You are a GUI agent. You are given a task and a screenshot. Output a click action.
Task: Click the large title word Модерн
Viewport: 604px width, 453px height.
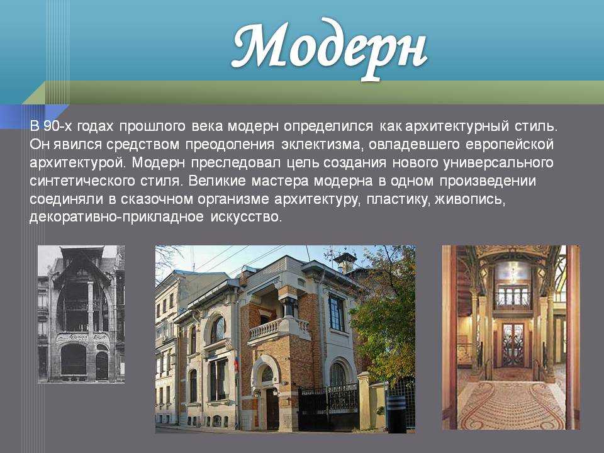click(330, 48)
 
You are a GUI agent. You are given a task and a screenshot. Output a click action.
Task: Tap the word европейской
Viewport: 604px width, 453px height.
click(509, 145)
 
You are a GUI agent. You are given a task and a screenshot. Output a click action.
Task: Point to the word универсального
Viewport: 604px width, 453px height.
click(498, 163)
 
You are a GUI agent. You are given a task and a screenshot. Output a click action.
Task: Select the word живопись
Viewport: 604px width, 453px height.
click(470, 199)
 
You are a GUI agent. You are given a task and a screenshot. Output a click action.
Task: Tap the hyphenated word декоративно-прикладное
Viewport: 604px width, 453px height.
click(116, 217)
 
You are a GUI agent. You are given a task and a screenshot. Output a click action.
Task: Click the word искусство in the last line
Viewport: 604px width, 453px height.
click(246, 217)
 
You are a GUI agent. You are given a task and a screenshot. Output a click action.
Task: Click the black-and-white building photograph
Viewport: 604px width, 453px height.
click(81, 314)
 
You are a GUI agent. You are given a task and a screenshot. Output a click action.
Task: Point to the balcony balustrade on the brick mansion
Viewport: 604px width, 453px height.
click(279, 327)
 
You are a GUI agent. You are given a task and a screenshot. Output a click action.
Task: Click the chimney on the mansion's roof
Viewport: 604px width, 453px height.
click(344, 261)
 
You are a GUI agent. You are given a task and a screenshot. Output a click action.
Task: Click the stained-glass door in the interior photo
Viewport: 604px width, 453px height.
click(513, 345)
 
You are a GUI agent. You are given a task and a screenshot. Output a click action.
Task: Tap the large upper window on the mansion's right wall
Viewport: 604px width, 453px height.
click(337, 313)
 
